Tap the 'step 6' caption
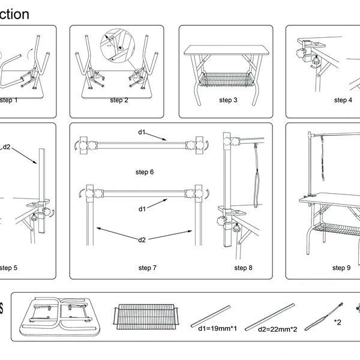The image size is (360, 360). tap(144, 172)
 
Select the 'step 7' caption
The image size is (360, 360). tap(148, 268)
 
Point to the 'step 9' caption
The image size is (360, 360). tap(341, 268)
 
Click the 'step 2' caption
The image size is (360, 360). tap(119, 100)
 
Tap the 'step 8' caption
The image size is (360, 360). tap(243, 268)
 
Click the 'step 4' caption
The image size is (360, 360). tap(343, 100)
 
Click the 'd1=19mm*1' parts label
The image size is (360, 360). tap(214, 329)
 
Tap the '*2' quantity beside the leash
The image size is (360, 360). tap(338, 322)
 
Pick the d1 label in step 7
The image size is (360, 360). tap(142, 209)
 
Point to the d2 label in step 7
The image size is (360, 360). tap(142, 240)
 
